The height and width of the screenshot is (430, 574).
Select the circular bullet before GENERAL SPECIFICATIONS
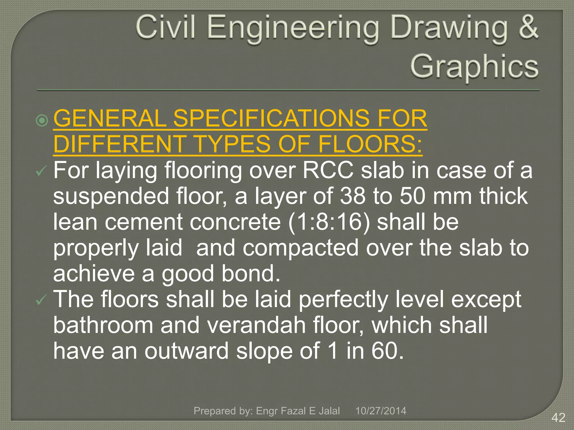click(42, 120)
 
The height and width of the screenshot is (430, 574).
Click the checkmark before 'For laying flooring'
click(41, 171)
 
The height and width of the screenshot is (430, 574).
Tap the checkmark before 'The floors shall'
click(41, 300)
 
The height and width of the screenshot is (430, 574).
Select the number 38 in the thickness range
click(353, 196)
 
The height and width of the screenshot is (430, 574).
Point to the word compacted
click(300, 248)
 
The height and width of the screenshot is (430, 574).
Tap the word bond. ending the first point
click(251, 274)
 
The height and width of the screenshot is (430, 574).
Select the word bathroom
click(103, 325)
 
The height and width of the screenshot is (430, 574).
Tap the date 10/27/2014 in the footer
click(381, 411)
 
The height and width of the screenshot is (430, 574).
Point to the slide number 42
click(558, 418)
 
